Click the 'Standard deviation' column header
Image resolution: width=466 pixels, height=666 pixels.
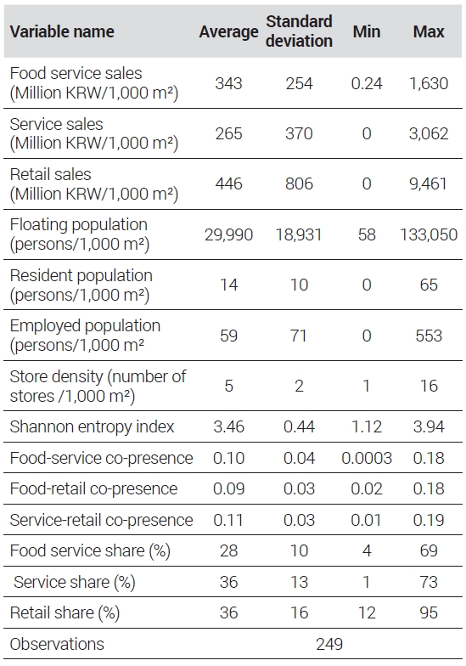click(299, 31)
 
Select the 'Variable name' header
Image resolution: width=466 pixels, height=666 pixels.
click(62, 31)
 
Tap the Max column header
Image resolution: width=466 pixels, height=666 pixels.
click(429, 31)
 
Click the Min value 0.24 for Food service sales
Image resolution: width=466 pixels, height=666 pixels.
click(367, 83)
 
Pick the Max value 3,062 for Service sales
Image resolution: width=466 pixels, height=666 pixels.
click(429, 133)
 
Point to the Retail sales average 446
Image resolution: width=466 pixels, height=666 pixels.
click(229, 183)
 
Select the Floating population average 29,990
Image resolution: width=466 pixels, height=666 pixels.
click(229, 234)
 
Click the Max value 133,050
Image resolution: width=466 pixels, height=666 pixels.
click(429, 234)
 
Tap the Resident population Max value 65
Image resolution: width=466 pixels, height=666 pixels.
click(429, 285)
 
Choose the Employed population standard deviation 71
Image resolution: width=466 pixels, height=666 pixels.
click(299, 336)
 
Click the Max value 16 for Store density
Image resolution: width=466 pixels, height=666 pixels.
click(429, 386)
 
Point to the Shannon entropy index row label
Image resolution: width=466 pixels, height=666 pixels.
click(92, 426)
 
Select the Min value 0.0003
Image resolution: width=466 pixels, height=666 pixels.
click(367, 458)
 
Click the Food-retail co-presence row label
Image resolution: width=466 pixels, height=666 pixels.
click(93, 488)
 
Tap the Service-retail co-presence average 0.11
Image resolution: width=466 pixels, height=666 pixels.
click(229, 520)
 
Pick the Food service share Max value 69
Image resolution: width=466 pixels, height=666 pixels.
click(429, 550)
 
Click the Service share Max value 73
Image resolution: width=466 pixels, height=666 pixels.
click(429, 582)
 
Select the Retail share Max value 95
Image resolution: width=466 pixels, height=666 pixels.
click(429, 612)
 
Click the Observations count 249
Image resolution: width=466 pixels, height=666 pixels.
click(329, 644)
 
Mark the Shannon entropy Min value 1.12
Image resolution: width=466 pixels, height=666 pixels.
click(367, 426)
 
